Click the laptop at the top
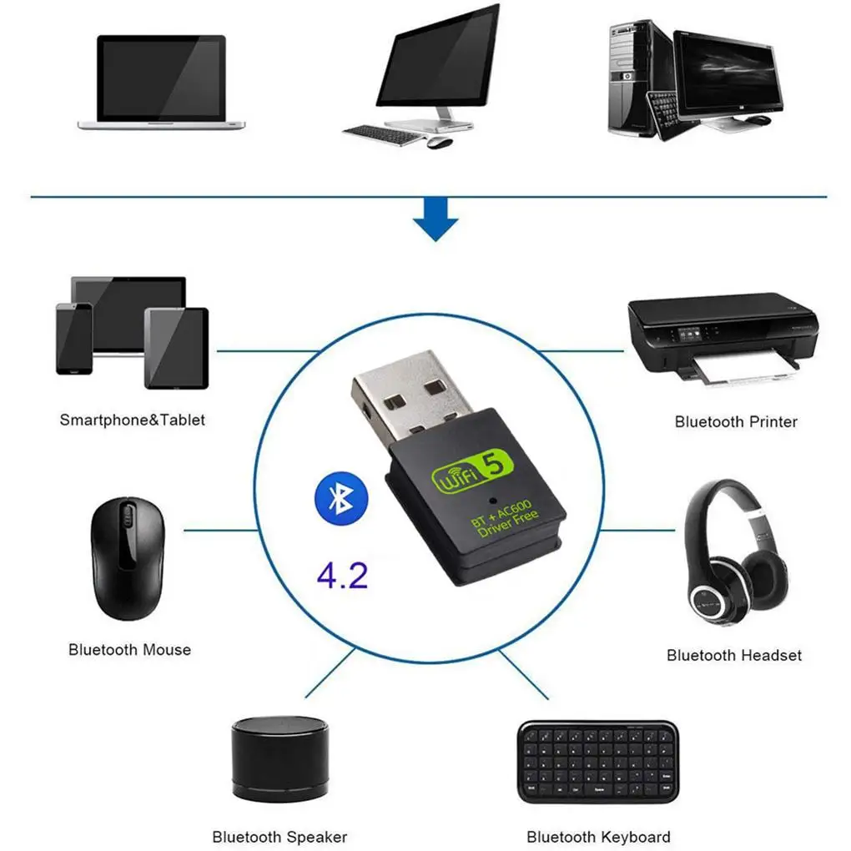point(161,82)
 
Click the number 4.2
point(342,576)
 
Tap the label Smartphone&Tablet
point(132,420)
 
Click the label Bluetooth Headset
point(734,655)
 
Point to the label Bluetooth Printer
point(736,421)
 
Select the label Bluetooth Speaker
point(279,836)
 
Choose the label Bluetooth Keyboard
point(598,836)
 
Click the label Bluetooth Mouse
point(129,649)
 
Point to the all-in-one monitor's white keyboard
point(383,134)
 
